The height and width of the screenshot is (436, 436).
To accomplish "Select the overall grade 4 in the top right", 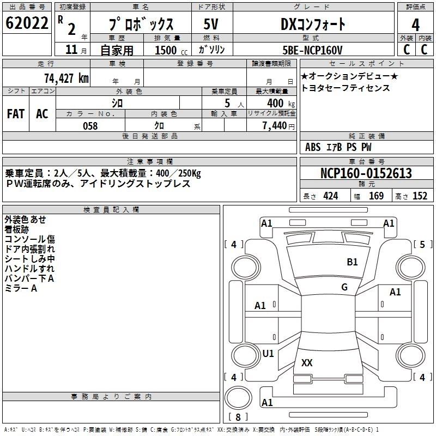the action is [415, 25].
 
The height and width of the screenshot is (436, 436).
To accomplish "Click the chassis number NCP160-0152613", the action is [366, 173].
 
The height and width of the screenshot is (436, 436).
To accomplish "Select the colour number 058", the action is [90, 126].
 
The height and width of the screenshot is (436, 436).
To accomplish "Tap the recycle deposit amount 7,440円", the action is [278, 126].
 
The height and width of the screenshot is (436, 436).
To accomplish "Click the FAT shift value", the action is [15, 114].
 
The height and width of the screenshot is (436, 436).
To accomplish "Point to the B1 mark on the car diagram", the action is [352, 262].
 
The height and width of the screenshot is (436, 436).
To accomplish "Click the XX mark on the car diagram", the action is [307, 363].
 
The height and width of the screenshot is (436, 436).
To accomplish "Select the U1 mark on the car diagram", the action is [268, 353].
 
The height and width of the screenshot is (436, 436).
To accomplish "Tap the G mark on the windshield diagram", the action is [344, 287].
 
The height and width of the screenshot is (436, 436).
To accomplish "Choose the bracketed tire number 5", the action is [422, 244].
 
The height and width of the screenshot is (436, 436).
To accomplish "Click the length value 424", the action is [330, 196].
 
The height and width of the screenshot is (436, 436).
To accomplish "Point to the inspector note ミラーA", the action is [21, 288].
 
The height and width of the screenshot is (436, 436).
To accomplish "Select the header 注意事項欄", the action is [149, 162].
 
